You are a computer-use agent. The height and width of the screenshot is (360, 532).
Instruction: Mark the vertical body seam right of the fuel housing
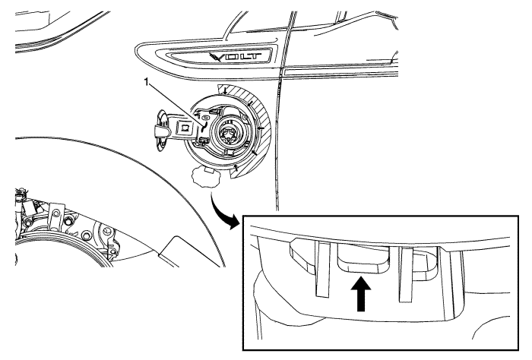tap(279, 152)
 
